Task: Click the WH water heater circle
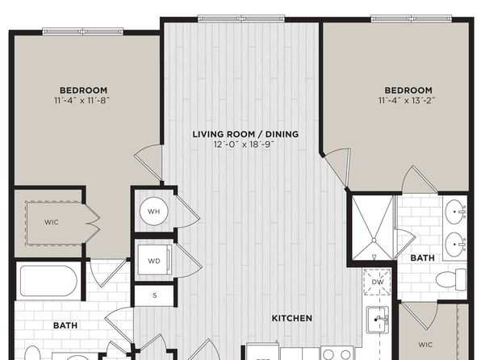coord(153,211)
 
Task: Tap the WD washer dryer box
coord(154,260)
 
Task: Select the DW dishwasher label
coord(378,282)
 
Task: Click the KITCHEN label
coord(292,318)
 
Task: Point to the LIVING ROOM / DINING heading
coord(245,134)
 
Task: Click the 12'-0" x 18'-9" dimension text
coord(244,144)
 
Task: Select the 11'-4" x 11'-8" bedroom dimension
coord(82,100)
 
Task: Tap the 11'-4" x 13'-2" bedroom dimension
coord(407,100)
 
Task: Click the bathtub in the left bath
coord(48,281)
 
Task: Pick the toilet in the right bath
coord(451,279)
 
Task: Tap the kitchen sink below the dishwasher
coord(378,320)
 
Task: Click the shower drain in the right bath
coord(374,240)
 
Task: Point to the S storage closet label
coord(155,295)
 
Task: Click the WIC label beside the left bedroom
coord(51,222)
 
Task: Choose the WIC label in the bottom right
coord(425,345)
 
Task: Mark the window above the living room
coord(241,19)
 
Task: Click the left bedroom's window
coord(83,31)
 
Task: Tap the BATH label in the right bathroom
coord(422,258)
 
